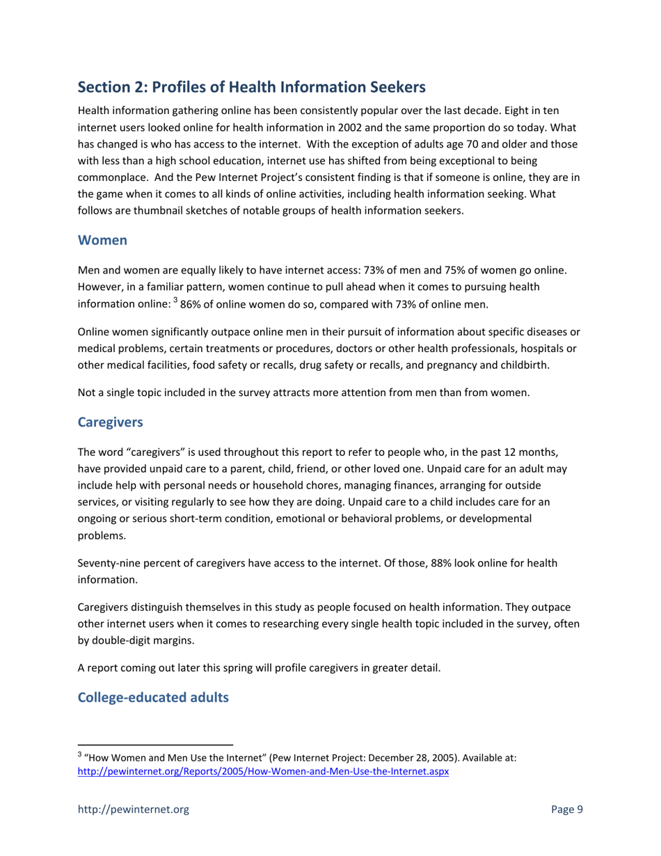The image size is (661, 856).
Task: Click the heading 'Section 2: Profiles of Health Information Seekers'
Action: (x=250, y=87)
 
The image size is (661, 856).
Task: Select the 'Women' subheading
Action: (x=102, y=240)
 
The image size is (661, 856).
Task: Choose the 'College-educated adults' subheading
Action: (x=152, y=697)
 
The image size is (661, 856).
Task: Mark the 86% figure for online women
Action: (x=194, y=304)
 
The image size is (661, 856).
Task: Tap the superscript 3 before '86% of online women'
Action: (x=175, y=301)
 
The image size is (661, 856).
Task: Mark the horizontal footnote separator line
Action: (x=154, y=744)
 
